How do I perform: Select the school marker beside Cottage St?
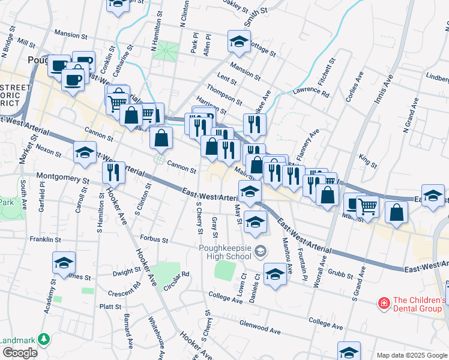[x=239, y=42]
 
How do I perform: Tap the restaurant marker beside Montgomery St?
[x=113, y=173]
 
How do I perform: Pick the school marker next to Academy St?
[x=64, y=263]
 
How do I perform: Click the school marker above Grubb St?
[x=275, y=274]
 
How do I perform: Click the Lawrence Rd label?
[x=311, y=94]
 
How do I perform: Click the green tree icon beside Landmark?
[x=43, y=340]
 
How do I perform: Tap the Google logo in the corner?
[x=19, y=353]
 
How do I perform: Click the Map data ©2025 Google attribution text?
[x=411, y=355]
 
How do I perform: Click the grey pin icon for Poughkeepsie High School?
[x=260, y=250]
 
